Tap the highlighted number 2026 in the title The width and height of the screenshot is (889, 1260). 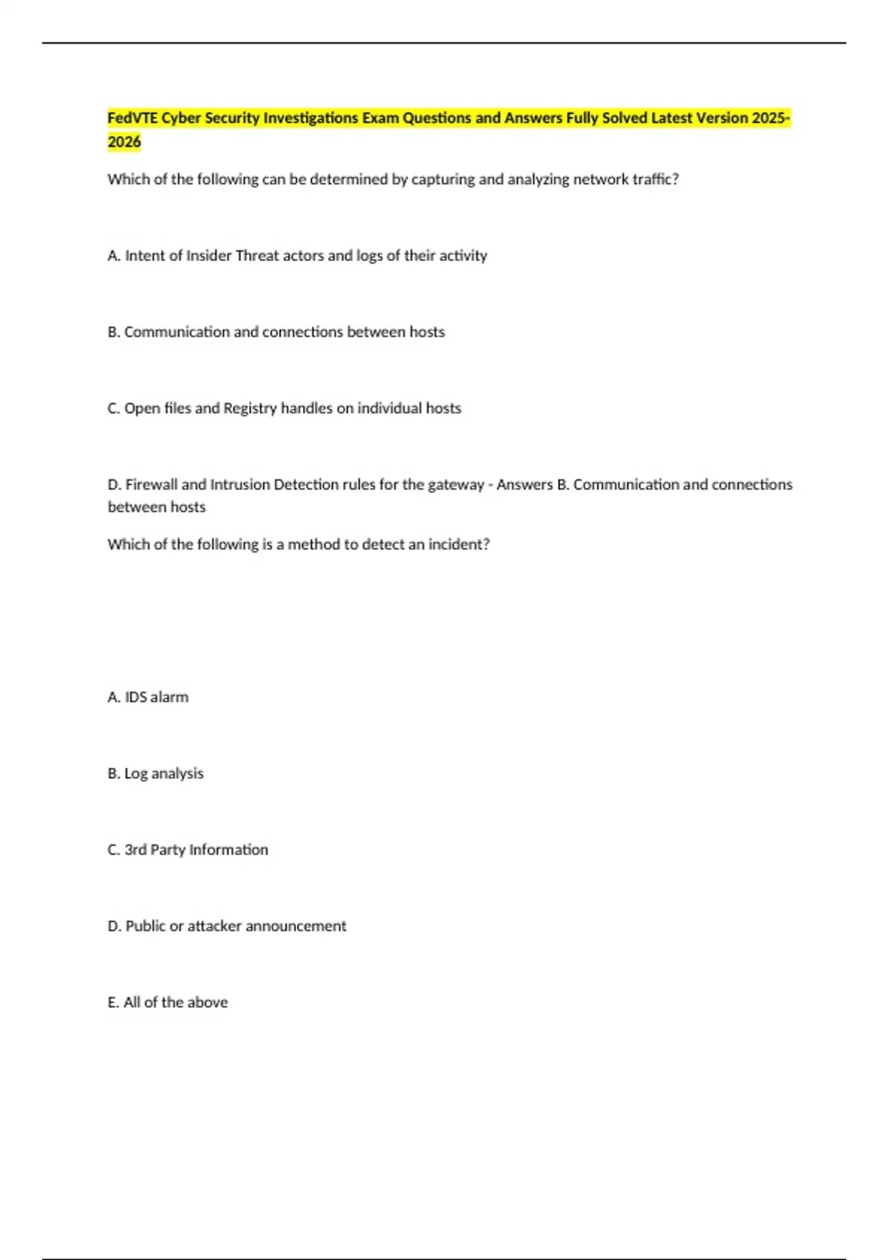point(124,142)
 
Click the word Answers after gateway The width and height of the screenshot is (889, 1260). point(525,485)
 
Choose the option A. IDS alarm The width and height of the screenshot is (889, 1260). point(148,697)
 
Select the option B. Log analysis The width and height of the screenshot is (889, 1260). point(156,774)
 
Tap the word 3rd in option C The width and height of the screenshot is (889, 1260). point(136,850)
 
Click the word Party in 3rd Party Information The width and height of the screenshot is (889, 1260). point(167,850)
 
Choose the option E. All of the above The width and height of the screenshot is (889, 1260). point(167,1003)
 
